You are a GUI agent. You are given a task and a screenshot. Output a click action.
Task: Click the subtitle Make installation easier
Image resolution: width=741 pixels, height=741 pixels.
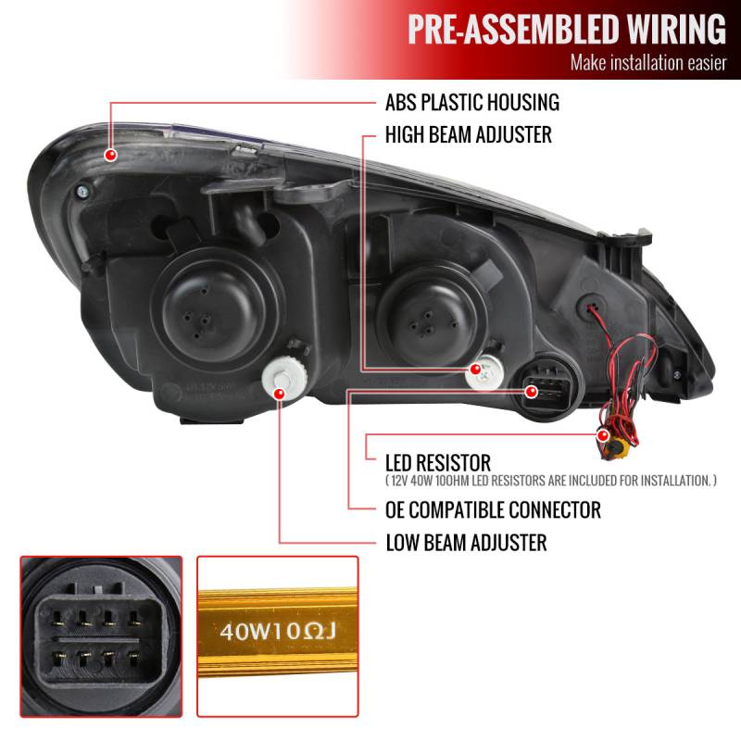click(647, 64)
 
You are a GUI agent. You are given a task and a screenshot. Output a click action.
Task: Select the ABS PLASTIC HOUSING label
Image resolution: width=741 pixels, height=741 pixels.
click(472, 102)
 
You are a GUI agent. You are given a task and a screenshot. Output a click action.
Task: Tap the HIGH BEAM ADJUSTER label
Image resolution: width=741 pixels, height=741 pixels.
click(469, 135)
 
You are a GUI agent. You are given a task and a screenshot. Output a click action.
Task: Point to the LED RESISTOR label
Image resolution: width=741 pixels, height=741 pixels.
click(438, 461)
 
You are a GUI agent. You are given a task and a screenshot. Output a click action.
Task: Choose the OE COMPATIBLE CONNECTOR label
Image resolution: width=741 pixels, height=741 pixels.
click(493, 509)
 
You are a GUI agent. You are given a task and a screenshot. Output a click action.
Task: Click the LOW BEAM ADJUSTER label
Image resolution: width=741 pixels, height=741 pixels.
click(466, 542)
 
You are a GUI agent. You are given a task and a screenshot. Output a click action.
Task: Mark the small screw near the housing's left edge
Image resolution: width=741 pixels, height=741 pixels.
click(83, 191)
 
